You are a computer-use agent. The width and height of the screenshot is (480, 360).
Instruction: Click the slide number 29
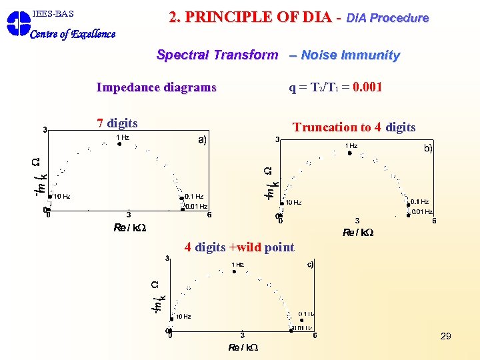(x=445, y=336)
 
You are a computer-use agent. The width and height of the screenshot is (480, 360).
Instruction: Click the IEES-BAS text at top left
(x=53, y=13)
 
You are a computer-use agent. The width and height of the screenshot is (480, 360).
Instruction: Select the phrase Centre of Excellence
(x=73, y=34)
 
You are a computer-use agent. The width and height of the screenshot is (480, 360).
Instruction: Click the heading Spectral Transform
(x=217, y=55)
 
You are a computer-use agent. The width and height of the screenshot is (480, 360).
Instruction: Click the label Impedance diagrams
(x=156, y=87)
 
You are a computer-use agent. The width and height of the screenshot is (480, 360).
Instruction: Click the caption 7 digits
(x=117, y=123)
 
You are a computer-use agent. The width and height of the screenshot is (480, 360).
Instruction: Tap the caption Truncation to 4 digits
(x=354, y=127)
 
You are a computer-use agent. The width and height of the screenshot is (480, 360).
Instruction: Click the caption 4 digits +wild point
(x=239, y=247)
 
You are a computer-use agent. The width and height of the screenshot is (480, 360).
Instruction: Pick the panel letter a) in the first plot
(x=202, y=140)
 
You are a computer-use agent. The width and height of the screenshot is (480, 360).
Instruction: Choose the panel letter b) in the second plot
(x=428, y=149)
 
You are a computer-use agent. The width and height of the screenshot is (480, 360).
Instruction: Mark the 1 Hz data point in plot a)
(x=120, y=143)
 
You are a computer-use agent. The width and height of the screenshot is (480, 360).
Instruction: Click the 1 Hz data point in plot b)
(x=349, y=153)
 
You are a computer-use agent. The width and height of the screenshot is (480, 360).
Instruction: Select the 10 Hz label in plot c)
(x=183, y=317)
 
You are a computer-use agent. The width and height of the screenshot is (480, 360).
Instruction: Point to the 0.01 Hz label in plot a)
(x=196, y=207)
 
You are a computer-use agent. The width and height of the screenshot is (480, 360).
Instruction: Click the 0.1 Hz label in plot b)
(x=420, y=201)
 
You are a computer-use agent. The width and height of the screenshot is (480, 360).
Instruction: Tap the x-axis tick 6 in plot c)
(x=315, y=335)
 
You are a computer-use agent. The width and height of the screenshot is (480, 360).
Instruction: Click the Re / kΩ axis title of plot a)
(x=130, y=227)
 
